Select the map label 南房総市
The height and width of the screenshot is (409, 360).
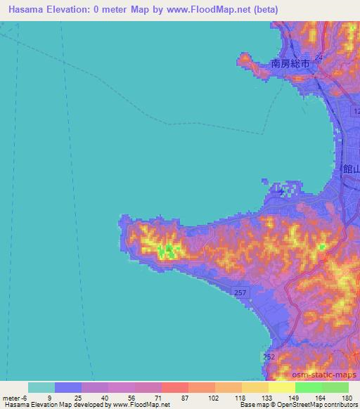coord(292,63)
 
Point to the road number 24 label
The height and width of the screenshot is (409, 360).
coord(319,57)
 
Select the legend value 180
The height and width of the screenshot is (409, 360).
coord(346,398)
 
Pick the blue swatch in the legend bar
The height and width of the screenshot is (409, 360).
coord(67,388)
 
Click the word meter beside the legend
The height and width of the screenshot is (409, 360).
coord(12,398)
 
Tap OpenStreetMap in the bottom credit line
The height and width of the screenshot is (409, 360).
coord(302,405)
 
